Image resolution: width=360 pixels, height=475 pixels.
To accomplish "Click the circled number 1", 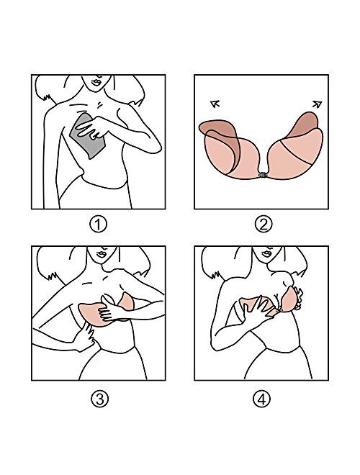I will click(x=99, y=224).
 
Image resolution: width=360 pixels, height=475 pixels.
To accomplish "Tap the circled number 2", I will click(x=264, y=224).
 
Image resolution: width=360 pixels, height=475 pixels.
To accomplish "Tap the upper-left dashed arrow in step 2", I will click(x=214, y=104).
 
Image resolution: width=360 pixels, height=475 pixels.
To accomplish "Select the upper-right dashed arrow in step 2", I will click(x=315, y=104).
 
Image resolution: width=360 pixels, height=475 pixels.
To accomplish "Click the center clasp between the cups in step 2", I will click(x=264, y=176).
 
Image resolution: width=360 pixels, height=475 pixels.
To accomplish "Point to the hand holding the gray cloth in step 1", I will click(x=94, y=128).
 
